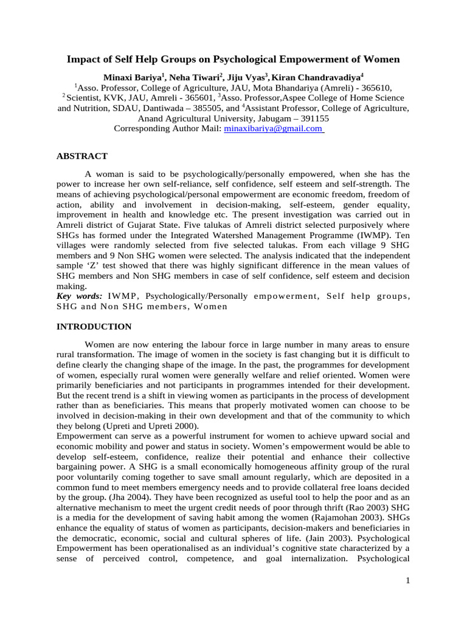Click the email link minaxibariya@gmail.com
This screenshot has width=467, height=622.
(273, 129)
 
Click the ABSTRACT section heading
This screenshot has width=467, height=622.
(82, 156)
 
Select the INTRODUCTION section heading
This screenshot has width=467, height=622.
(94, 326)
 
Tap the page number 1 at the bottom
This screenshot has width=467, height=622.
(408, 581)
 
